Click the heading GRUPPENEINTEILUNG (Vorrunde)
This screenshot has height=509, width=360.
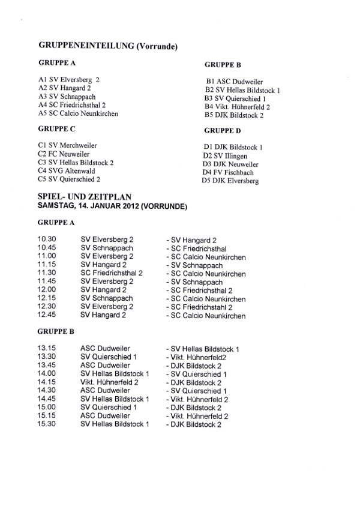point(110,45)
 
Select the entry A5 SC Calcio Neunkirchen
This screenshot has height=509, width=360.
point(78,113)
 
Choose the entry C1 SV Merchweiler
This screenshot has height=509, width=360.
point(67,145)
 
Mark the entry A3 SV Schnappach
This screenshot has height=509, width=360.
point(67,96)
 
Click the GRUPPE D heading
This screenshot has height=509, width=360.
point(223,130)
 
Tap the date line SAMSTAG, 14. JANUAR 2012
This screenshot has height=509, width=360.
point(112,206)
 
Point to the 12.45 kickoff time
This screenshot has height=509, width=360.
point(46,316)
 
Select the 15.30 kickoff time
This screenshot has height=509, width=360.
point(46,425)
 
